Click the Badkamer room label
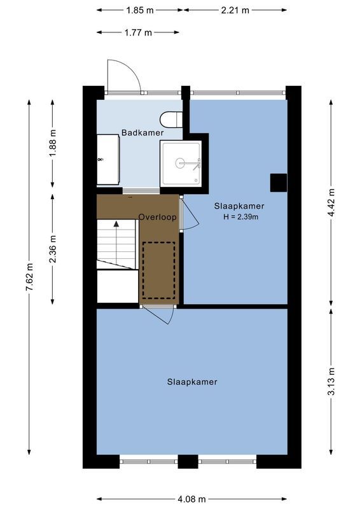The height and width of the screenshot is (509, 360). pos(142,133)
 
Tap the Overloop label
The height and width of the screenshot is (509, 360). pos(157,216)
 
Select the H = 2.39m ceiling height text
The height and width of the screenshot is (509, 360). pos(240,217)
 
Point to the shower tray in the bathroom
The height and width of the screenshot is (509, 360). pos(181,164)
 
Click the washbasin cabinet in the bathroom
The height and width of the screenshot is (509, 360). pos(107,160)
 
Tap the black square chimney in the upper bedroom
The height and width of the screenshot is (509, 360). pos(278,183)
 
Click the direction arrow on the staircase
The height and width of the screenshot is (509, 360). pos(116,224)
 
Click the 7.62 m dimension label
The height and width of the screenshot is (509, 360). pos(29,277)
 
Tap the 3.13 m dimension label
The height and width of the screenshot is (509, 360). pos(331,382)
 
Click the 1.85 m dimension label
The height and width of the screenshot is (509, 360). pos(139,10)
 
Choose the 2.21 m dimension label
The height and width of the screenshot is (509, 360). pos(235,10)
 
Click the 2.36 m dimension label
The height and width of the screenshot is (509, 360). pos(53,249)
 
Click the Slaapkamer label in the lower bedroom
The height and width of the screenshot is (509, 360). pos(192,382)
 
